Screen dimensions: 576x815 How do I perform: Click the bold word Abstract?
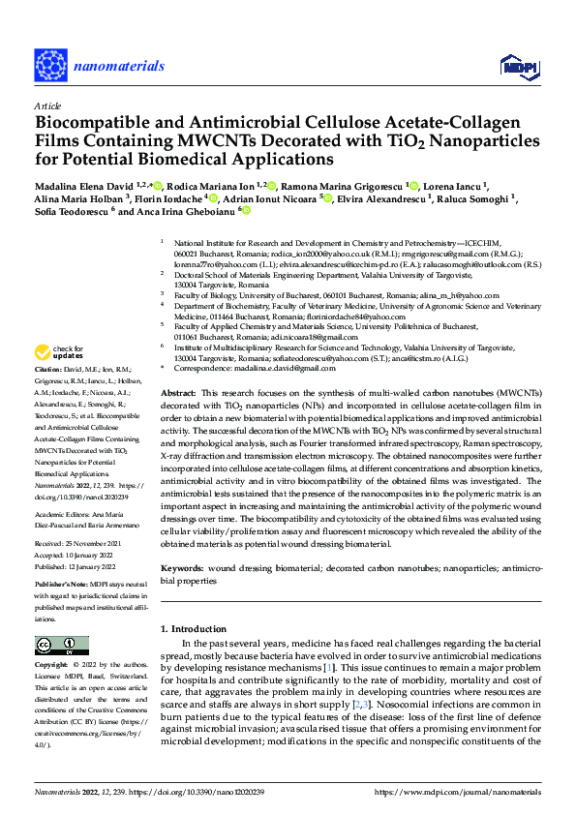point(178,394)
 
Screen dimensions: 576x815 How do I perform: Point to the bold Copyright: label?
point(53,667)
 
